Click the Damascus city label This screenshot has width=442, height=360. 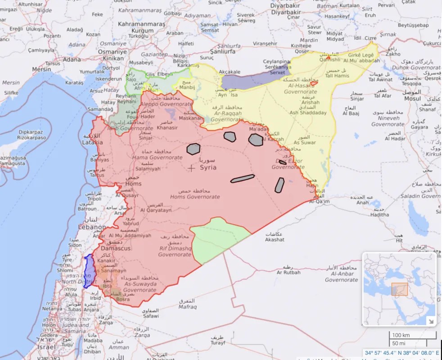(x=116, y=248)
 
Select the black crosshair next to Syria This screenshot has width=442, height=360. (x=192, y=168)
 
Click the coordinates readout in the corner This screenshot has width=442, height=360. (x=402, y=353)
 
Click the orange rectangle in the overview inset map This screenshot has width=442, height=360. (x=400, y=289)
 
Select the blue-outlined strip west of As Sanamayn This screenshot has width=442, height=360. (x=89, y=271)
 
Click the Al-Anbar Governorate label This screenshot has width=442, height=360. (x=341, y=277)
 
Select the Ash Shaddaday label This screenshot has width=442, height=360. (x=308, y=113)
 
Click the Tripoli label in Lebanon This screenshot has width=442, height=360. (x=94, y=198)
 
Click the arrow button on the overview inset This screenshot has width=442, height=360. (x=430, y=321)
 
